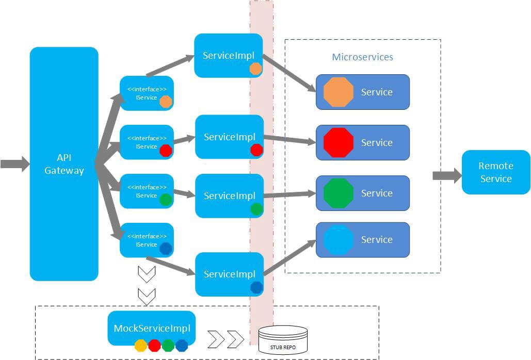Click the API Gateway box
click(64, 164)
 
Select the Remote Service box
click(495, 172)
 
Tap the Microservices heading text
click(362, 57)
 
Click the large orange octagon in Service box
click(339, 92)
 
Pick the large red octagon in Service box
click(339, 142)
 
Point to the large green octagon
click(339, 193)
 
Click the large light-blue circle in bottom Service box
click(339, 240)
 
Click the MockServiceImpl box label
click(152, 328)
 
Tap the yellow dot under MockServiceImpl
click(140, 346)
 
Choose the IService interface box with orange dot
click(147, 93)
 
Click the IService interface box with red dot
click(147, 142)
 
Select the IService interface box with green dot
click(147, 191)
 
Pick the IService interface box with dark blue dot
click(147, 240)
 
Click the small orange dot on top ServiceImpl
click(255, 69)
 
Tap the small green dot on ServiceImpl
click(256, 209)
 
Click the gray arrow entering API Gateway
click(15, 164)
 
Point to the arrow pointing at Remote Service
click(446, 175)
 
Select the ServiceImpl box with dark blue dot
click(229, 274)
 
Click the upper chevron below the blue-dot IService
click(148, 274)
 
